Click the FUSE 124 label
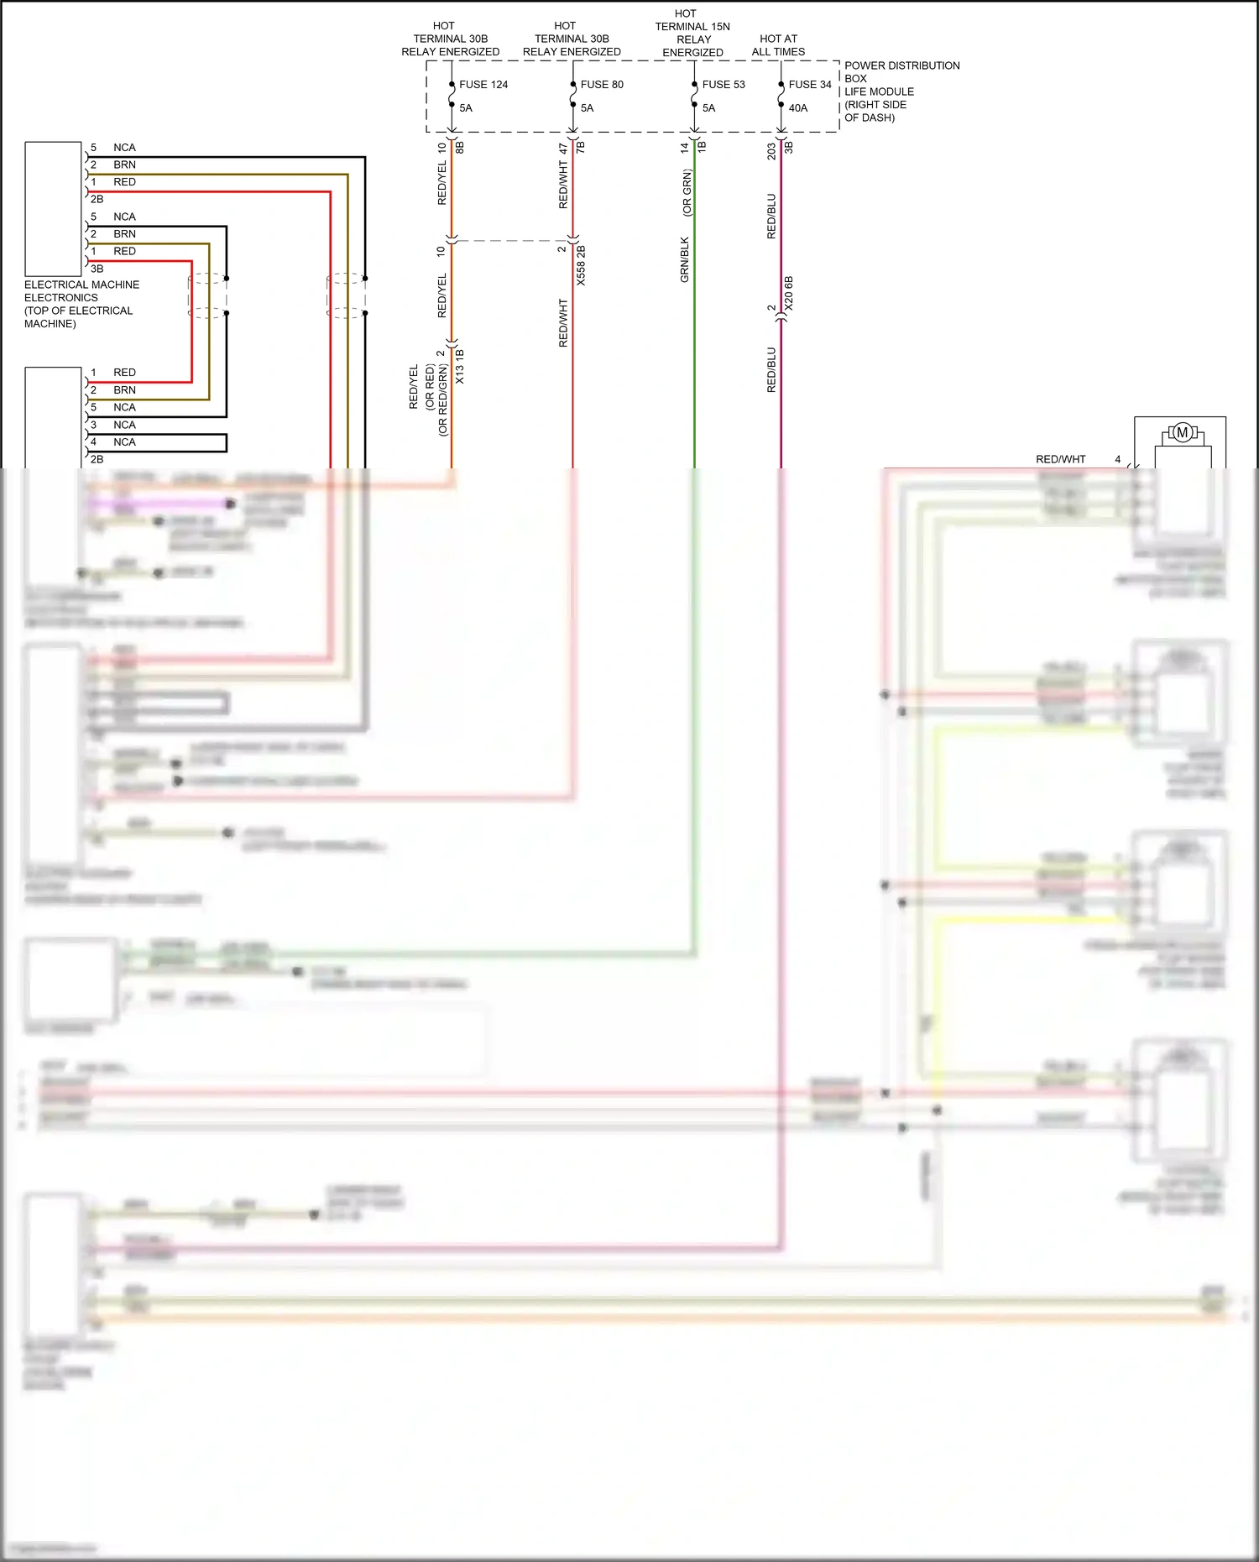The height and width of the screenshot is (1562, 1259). pos(483,85)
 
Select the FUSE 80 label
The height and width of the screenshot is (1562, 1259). pos(602,85)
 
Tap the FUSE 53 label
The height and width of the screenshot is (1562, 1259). pos(724,85)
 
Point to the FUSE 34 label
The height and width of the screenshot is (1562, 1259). pos(810,85)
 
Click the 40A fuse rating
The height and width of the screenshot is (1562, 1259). pos(798,108)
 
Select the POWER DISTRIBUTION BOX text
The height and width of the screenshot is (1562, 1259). pos(901,71)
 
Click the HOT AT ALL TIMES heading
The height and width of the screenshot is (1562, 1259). pos(778,45)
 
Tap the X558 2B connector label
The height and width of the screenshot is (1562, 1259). pos(581,265)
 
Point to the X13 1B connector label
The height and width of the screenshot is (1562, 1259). pos(460,367)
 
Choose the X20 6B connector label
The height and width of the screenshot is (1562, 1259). pos(788,294)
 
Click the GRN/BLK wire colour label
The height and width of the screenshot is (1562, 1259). pos(685,259)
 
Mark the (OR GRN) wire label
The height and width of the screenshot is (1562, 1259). pos(687,193)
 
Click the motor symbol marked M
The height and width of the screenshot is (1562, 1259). pos(1183,433)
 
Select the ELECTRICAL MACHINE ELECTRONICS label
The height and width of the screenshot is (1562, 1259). pos(81,291)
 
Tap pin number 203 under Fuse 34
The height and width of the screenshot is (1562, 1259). pos(771,152)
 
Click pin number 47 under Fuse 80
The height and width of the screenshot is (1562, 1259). pos(563,149)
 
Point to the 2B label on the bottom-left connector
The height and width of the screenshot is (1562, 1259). pos(97,459)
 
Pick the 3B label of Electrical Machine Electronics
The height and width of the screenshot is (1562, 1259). pos(97,269)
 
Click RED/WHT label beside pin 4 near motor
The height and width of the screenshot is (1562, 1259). pos(1060,459)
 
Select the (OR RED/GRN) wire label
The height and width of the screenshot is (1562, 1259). pos(443,400)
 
